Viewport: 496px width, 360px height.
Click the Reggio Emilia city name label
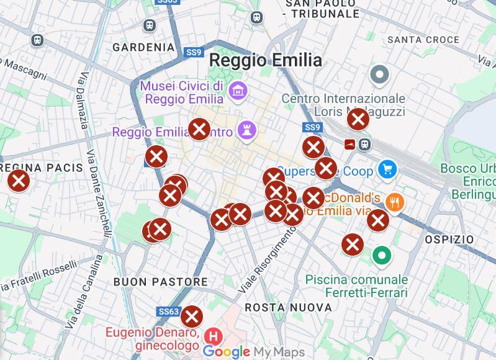click(x=265, y=60)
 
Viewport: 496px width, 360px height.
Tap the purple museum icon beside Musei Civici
click(x=237, y=91)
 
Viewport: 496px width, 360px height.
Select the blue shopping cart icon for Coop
click(x=388, y=169)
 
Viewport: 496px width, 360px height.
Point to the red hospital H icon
click(x=214, y=337)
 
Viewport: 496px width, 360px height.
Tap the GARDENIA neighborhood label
click(x=143, y=47)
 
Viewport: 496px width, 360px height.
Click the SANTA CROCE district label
click(x=423, y=40)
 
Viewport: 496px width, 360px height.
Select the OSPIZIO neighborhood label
click(x=449, y=239)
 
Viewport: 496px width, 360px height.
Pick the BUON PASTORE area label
click(x=160, y=282)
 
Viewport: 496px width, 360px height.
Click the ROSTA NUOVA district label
click(x=288, y=307)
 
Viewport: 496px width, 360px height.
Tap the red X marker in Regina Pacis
click(x=19, y=181)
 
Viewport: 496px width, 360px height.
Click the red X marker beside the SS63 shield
click(x=192, y=317)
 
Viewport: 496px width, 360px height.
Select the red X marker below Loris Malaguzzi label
click(x=358, y=119)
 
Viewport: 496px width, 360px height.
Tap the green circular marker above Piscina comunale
click(x=381, y=254)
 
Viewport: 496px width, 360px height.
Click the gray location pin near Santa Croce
click(x=379, y=76)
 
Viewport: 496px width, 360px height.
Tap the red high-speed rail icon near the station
click(x=351, y=145)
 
